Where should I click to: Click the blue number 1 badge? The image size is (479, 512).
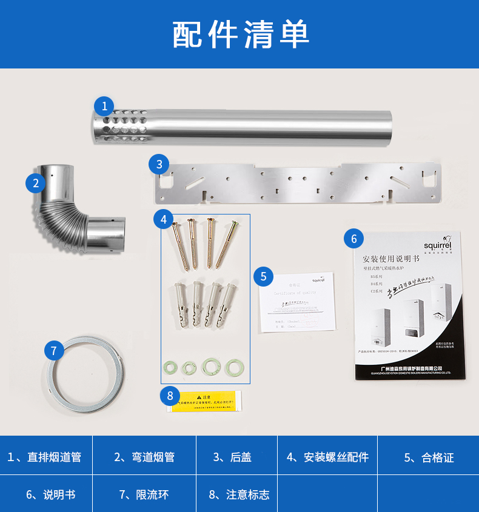tap(104, 107)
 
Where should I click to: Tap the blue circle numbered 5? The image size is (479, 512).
tap(263, 276)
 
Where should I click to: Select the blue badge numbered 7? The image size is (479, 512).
tap(54, 350)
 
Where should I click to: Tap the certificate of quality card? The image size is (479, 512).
tap(298, 302)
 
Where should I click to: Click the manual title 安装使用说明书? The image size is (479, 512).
tap(392, 258)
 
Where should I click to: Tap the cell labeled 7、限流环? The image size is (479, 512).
tap(144, 494)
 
